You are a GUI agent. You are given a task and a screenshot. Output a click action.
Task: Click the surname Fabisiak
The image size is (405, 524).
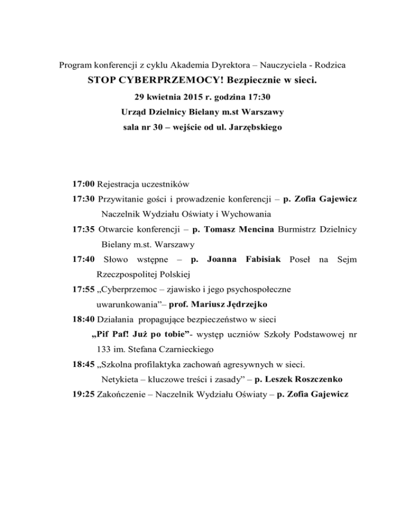259,259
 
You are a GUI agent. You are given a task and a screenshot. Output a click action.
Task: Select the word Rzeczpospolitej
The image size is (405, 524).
129,274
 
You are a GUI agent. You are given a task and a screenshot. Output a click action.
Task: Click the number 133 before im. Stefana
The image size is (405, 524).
104,348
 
